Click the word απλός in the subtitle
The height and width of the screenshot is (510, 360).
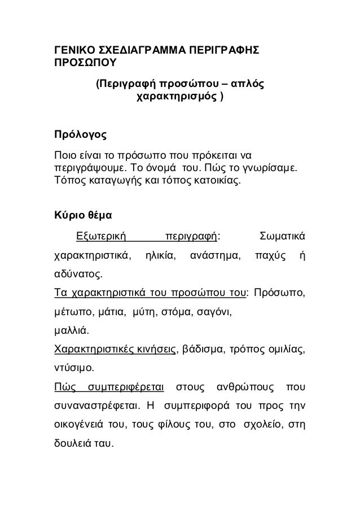248,85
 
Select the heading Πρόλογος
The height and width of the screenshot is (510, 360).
79,136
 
